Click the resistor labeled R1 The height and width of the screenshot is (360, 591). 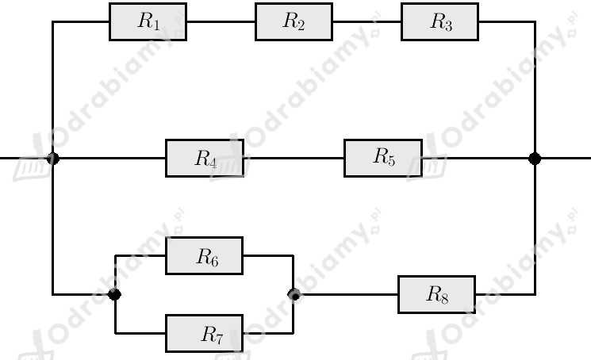click(x=148, y=22)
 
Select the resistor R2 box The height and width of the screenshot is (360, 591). click(x=294, y=22)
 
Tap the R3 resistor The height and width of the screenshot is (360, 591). click(x=439, y=22)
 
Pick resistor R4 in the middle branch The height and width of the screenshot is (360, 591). click(x=205, y=158)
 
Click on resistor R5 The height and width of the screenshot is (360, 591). click(x=383, y=158)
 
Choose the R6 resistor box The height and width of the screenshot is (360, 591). click(x=205, y=255)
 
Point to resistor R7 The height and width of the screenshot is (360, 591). click(x=205, y=333)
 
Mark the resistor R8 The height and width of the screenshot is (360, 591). click(x=436, y=294)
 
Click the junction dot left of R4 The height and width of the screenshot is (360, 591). click(x=53, y=159)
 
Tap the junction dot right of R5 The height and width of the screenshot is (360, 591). click(x=535, y=159)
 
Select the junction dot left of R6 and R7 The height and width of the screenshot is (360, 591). click(x=114, y=294)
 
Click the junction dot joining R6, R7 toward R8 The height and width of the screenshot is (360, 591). click(x=294, y=294)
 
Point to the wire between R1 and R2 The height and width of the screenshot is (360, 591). click(x=221, y=22)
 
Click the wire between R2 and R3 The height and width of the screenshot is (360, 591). click(x=366, y=22)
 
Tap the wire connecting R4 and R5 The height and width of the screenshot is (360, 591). click(x=294, y=158)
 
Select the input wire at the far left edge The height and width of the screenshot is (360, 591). click(x=23, y=158)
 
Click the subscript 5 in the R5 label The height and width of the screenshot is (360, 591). click(x=391, y=161)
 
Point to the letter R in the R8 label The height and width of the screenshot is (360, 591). click(x=433, y=293)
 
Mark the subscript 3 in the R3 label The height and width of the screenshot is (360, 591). click(x=447, y=25)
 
